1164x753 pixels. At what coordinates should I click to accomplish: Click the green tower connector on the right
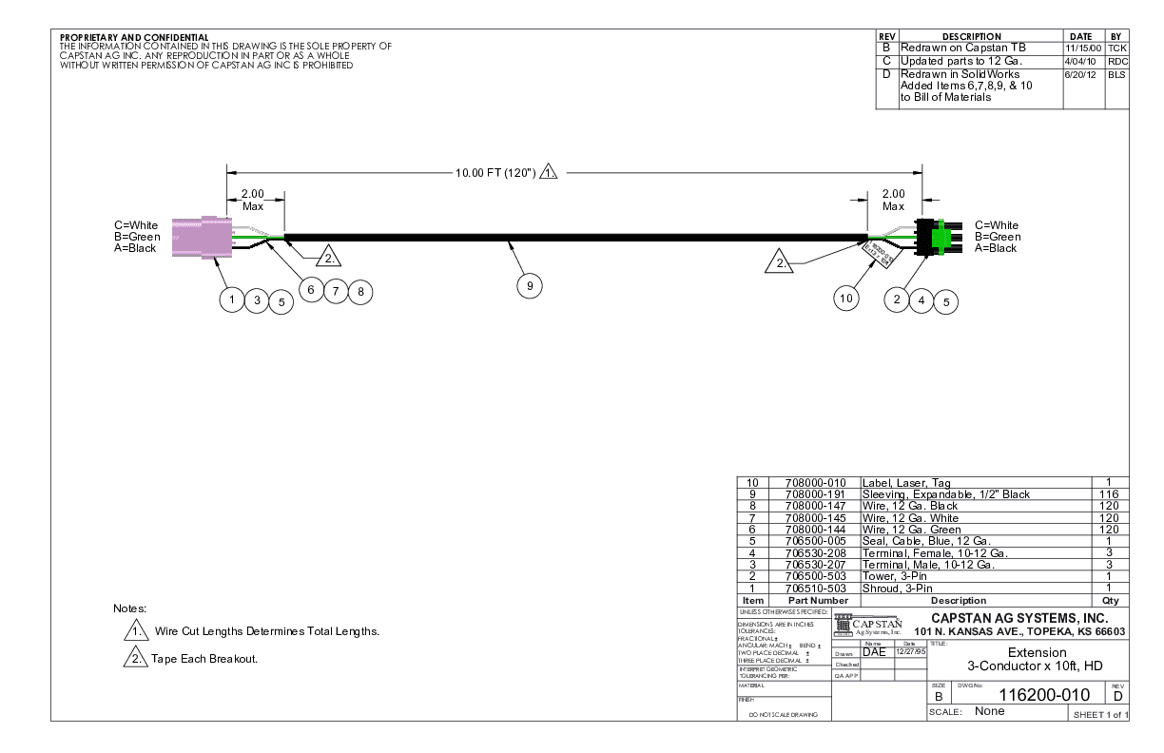(x=937, y=237)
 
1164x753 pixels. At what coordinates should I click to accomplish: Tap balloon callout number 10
(x=846, y=299)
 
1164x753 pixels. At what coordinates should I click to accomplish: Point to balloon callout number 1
(x=231, y=299)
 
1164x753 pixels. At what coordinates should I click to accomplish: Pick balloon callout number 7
(x=336, y=292)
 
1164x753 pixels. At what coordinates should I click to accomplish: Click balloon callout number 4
(x=921, y=299)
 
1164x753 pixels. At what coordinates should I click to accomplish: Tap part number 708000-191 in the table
(x=811, y=494)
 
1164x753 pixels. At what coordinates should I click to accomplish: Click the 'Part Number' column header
(x=811, y=600)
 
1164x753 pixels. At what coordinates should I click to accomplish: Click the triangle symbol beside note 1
(x=137, y=631)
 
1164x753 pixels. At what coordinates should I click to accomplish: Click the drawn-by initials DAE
(x=874, y=651)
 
